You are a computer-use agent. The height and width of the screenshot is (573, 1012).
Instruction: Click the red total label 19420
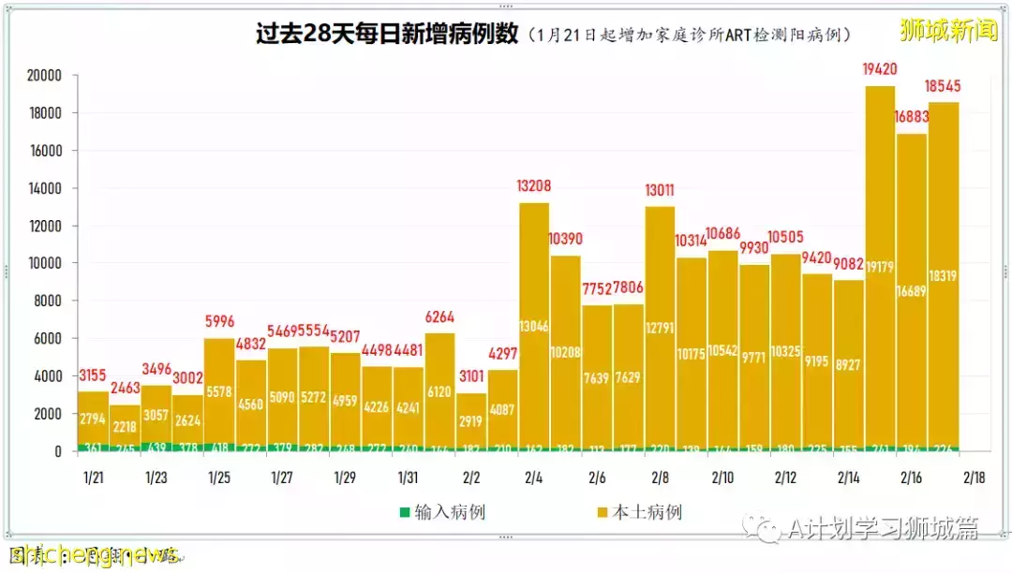(x=880, y=69)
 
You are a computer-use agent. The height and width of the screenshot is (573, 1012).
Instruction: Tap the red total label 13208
(x=534, y=186)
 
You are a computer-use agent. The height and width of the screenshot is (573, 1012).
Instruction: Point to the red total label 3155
(x=93, y=375)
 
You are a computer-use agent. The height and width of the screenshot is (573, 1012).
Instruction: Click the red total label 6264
(x=439, y=316)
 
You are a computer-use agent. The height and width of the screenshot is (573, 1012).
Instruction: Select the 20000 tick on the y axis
(x=43, y=76)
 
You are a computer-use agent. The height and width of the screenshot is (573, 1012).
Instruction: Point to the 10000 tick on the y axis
(x=43, y=263)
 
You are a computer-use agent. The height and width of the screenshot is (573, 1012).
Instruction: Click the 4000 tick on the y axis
(x=47, y=375)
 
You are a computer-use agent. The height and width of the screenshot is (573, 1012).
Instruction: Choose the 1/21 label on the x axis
(x=93, y=477)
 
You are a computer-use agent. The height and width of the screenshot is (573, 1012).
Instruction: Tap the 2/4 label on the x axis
(x=534, y=477)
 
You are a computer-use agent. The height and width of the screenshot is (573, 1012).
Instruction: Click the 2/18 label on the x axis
(x=975, y=477)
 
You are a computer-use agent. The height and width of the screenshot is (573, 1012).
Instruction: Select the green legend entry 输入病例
(x=442, y=512)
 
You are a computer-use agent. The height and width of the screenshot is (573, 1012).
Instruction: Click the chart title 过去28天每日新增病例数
(x=387, y=35)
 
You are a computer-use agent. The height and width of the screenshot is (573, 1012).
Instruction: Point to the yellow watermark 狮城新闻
(x=948, y=31)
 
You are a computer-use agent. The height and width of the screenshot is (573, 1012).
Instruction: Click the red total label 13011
(x=660, y=189)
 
